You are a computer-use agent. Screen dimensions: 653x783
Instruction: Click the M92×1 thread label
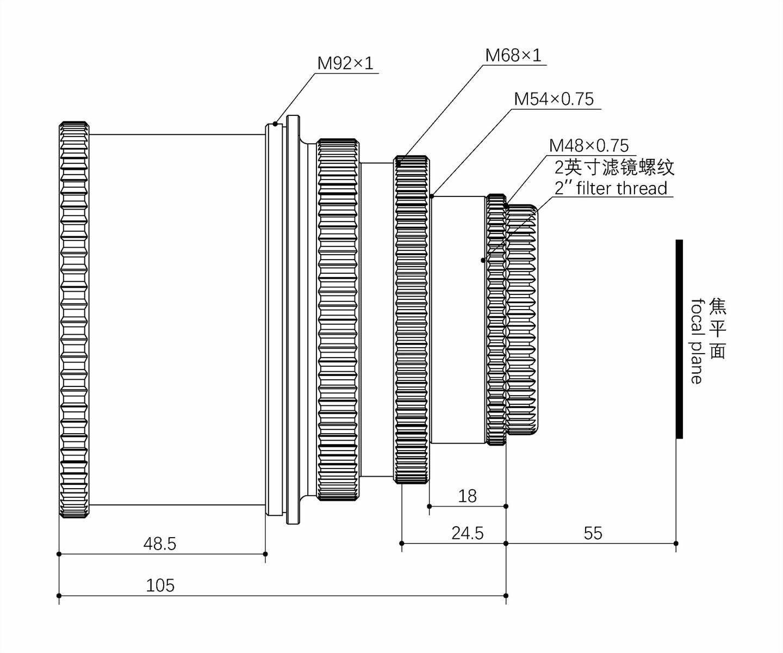click(x=345, y=64)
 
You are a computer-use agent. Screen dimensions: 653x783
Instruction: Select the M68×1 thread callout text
click(x=513, y=56)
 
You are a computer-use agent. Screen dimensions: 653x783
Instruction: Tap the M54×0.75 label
click(x=554, y=99)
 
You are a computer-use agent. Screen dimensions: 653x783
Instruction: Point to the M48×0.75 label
click(x=588, y=146)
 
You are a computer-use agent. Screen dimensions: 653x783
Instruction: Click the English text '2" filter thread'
click(x=611, y=188)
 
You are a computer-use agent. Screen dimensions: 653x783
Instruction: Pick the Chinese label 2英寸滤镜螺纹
click(x=614, y=167)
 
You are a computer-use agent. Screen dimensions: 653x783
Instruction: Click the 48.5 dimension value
click(x=159, y=544)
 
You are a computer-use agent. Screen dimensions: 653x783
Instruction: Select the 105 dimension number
click(x=160, y=586)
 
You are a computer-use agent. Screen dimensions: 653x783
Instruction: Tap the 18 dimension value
click(x=467, y=496)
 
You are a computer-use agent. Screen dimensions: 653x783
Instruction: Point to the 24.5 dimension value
click(x=467, y=533)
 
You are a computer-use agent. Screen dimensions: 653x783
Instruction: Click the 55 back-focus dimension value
click(x=593, y=533)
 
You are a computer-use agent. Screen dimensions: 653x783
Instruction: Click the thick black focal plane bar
click(x=679, y=338)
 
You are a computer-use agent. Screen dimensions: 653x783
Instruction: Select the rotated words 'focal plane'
click(x=697, y=341)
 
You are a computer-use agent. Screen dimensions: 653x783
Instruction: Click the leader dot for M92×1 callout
click(x=275, y=124)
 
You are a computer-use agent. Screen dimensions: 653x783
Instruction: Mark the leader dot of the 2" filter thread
click(x=483, y=260)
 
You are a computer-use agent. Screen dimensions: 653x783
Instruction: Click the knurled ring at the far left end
click(x=74, y=319)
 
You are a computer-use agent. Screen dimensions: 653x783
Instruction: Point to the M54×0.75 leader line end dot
click(x=431, y=196)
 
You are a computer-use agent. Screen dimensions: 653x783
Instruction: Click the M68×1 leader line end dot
click(x=399, y=162)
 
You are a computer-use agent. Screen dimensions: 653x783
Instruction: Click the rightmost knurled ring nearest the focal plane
click(x=522, y=319)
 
